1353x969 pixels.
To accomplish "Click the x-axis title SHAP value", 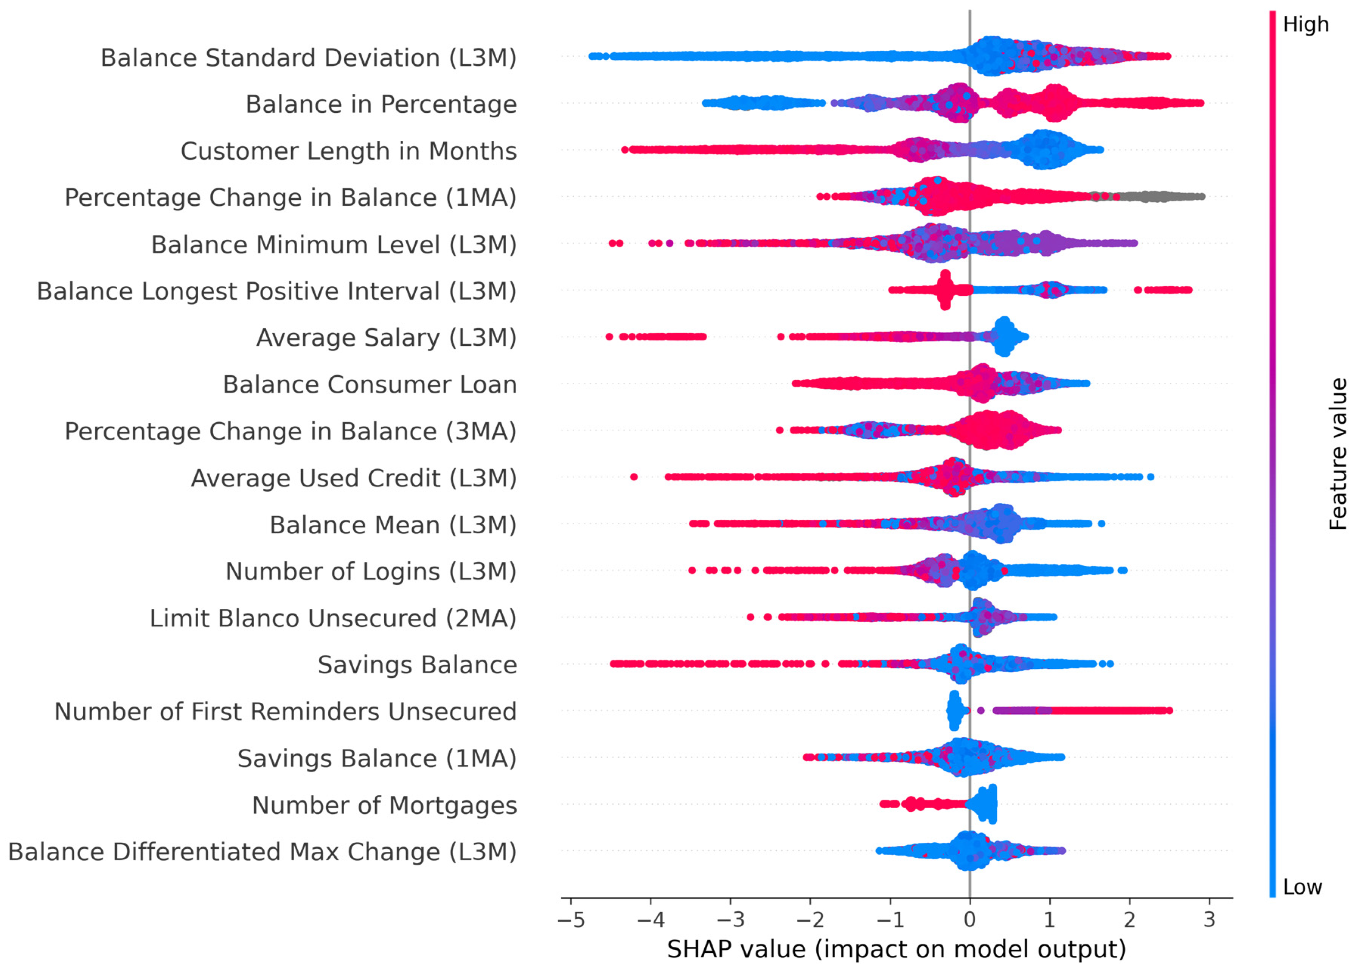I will [896, 949].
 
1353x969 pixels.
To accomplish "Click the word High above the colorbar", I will [1305, 25].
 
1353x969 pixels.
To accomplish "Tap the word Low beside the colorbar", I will [1302, 887].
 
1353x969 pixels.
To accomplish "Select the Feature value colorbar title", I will [1338, 453].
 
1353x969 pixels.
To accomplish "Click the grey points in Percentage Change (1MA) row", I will [1157, 196].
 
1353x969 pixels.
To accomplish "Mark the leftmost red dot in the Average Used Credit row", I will [634, 477].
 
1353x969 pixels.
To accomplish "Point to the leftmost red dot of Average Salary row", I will [609, 337].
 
